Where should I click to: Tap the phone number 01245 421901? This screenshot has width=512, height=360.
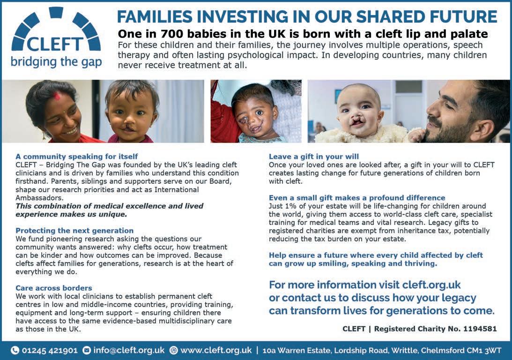tap(50, 351)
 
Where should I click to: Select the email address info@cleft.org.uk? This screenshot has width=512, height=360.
tap(129, 351)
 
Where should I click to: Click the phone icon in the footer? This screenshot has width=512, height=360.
tap(15, 351)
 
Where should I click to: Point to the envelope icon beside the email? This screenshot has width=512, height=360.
tap(87, 351)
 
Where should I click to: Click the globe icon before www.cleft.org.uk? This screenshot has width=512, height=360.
tap(174, 351)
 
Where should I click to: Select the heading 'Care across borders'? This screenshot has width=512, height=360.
tap(54, 288)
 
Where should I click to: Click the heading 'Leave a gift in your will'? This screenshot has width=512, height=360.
tap(314, 157)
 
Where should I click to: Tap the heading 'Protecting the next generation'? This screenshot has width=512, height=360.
tap(74, 231)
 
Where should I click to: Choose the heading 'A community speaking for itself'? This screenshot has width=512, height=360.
tap(77, 157)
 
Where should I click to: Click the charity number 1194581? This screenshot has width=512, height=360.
tap(480, 329)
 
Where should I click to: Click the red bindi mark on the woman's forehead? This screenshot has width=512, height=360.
tap(58, 96)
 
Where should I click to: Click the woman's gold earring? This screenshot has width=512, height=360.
tap(44, 135)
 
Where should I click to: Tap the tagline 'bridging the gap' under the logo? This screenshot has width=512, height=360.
tap(56, 62)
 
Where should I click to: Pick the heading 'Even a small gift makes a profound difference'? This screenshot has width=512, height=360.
tap(357, 198)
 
